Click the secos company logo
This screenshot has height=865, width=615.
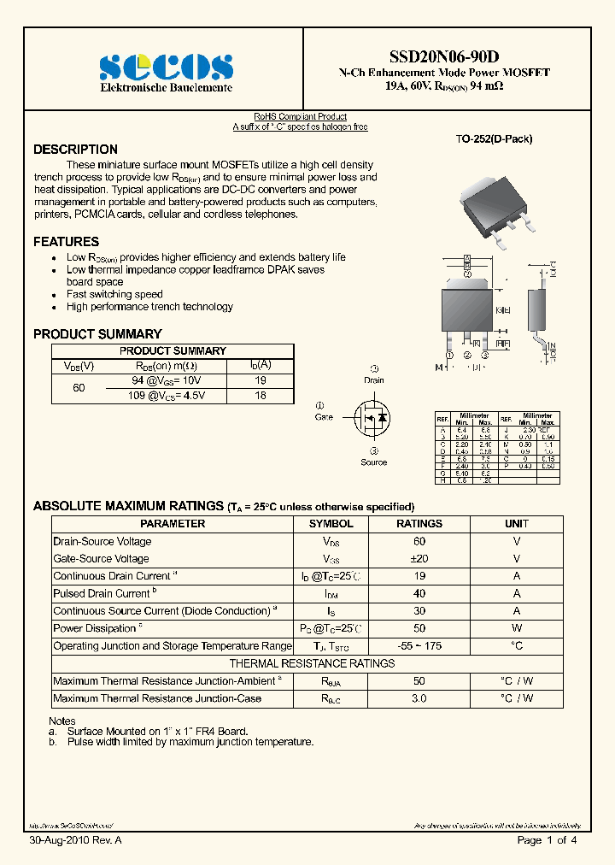click(x=166, y=67)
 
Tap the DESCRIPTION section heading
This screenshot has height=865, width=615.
click(x=75, y=150)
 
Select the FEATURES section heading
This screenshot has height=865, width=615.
click(x=66, y=242)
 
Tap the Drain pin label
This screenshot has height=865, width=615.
click(x=374, y=380)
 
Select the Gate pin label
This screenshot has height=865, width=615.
click(x=324, y=417)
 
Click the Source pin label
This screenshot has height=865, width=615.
click(x=373, y=462)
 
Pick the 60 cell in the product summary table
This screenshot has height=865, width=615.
click(x=79, y=387)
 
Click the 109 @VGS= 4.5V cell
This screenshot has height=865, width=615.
click(x=166, y=396)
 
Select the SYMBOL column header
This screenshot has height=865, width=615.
click(x=331, y=523)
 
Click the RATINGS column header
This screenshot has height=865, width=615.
click(x=419, y=523)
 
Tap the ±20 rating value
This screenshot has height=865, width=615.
click(x=419, y=558)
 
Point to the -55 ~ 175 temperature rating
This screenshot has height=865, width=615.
click(x=419, y=646)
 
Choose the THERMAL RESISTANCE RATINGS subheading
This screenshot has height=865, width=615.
click(x=312, y=663)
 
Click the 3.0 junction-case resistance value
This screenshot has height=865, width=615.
click(x=419, y=698)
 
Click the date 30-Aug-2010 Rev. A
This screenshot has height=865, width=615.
click(x=75, y=841)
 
